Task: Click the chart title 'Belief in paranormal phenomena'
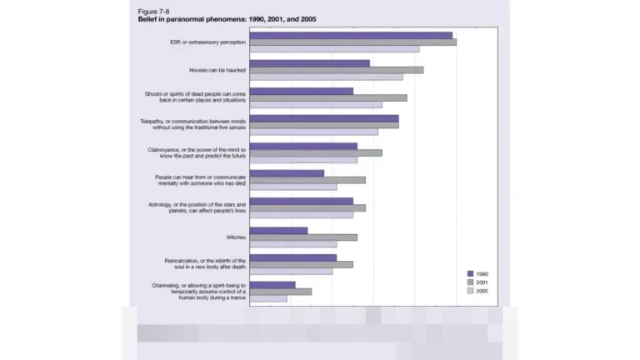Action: pos(226,18)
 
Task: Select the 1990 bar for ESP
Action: pos(351,35)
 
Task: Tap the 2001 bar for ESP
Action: pos(352,42)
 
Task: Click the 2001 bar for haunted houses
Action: pos(336,70)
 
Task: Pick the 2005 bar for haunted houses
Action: pos(326,77)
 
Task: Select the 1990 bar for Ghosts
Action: pos(301,91)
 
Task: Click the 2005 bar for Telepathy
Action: pos(313,132)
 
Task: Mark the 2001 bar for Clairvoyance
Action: pos(316,152)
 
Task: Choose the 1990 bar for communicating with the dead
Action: pos(287,173)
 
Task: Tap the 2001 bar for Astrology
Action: pos(307,207)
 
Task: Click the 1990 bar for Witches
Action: pos(278,231)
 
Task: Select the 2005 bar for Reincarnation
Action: pos(291,272)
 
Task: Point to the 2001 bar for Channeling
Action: pos(280,292)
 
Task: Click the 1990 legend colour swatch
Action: pos(470,273)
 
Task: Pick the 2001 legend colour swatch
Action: pos(470,282)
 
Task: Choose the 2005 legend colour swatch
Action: pos(470,292)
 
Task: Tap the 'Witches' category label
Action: pos(236,237)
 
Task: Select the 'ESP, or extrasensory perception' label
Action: pos(207,42)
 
